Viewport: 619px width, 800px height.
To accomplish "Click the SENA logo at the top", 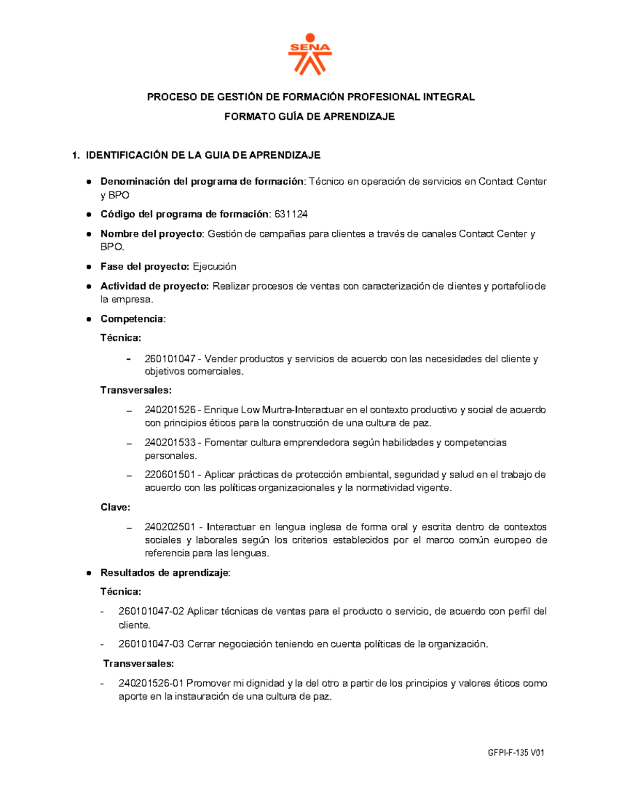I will [x=309, y=55].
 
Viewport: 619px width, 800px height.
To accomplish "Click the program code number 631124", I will [x=291, y=214].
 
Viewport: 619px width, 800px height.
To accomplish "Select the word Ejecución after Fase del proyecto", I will [x=215, y=267].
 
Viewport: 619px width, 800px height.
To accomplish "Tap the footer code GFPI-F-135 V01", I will [x=516, y=753].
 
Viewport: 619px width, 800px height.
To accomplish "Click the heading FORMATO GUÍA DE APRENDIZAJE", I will [x=309, y=117].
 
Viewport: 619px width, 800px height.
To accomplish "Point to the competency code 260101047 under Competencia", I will [x=170, y=359].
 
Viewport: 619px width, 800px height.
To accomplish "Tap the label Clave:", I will [x=115, y=507].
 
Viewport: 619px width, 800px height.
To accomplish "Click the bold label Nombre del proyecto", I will [x=151, y=234].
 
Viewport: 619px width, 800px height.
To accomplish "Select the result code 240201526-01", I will [x=151, y=684].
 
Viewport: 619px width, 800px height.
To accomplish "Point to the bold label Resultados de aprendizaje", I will [x=165, y=573].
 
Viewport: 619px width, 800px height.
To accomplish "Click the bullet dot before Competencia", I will [x=89, y=319].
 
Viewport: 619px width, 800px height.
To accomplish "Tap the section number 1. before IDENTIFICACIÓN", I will [x=76, y=156].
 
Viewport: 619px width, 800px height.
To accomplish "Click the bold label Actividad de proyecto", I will [x=154, y=286].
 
